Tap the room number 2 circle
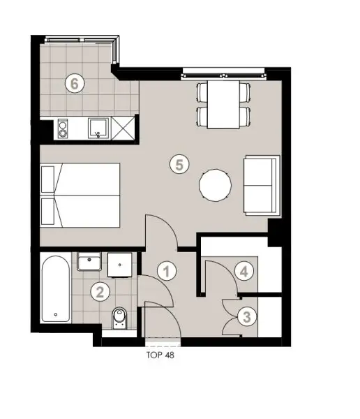(100, 292)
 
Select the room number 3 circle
(246, 316)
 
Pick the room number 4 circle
(242, 271)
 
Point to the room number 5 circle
(179, 165)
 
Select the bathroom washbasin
(90, 263)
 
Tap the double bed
(80, 196)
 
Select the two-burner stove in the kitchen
(61, 128)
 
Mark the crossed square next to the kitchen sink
(126, 128)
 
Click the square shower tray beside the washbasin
(123, 264)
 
